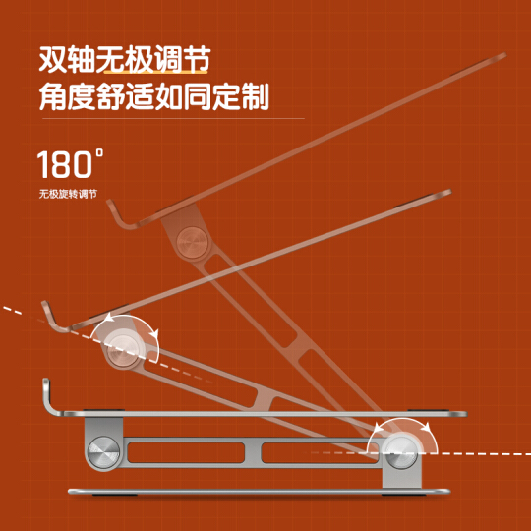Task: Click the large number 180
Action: [x=65, y=164]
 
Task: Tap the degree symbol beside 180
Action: [x=99, y=152]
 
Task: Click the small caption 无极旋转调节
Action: [x=68, y=194]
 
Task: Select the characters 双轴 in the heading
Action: [x=67, y=60]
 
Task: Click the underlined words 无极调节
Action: [x=153, y=60]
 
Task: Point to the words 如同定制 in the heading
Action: [x=211, y=96]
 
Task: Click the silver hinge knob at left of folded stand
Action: [x=103, y=452]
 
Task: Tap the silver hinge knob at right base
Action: [x=401, y=453]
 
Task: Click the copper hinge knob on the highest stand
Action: [x=193, y=243]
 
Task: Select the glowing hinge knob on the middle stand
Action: [x=123, y=349]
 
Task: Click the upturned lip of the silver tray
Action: [x=51, y=397]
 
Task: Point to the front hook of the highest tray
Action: [x=121, y=215]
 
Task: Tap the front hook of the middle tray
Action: [x=54, y=318]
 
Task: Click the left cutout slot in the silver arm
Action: [x=186, y=452]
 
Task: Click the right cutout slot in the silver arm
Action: [x=320, y=452]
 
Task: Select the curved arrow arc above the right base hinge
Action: [x=402, y=420]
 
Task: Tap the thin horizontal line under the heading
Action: [x=173, y=119]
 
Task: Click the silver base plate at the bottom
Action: [x=259, y=492]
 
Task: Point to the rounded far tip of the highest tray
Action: [x=501, y=56]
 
